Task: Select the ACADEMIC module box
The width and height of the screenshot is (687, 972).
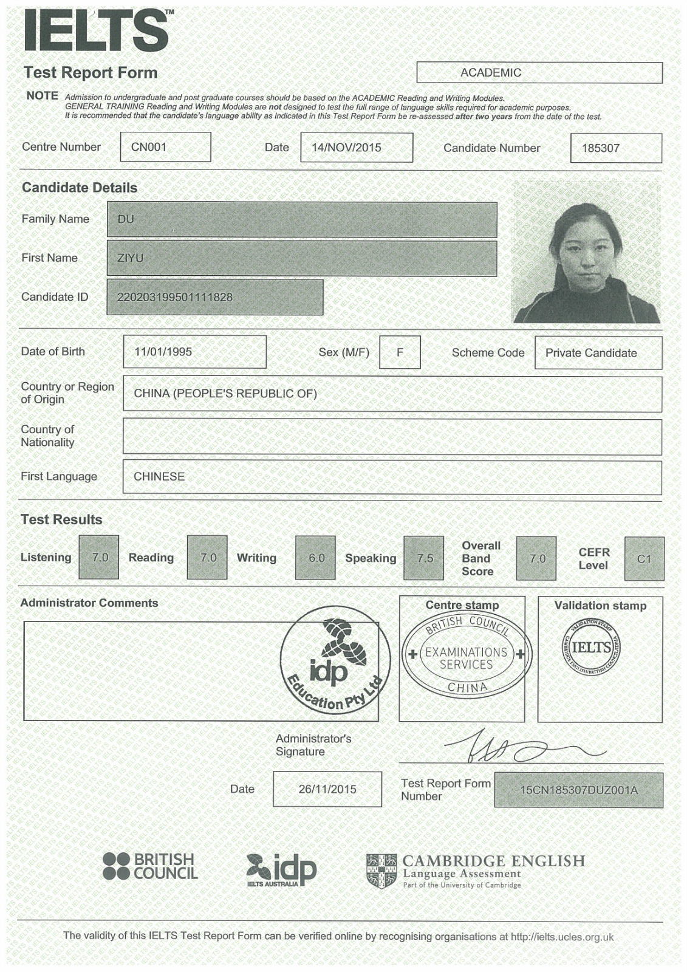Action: pos(539,73)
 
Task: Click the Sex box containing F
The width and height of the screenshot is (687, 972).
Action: pos(400,352)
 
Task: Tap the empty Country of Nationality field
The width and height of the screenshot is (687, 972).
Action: pos(392,437)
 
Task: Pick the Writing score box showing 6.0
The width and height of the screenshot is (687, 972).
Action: pos(315,558)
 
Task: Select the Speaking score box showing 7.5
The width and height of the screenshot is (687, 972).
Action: pos(424,558)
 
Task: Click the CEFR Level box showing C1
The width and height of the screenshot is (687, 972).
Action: pos(644,558)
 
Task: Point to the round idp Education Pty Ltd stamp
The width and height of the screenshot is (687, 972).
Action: pos(335,660)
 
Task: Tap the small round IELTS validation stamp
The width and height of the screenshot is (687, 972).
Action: pos(591,648)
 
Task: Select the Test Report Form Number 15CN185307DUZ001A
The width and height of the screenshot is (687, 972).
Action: pos(578,790)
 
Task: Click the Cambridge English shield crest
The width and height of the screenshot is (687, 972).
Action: pos(381,871)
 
